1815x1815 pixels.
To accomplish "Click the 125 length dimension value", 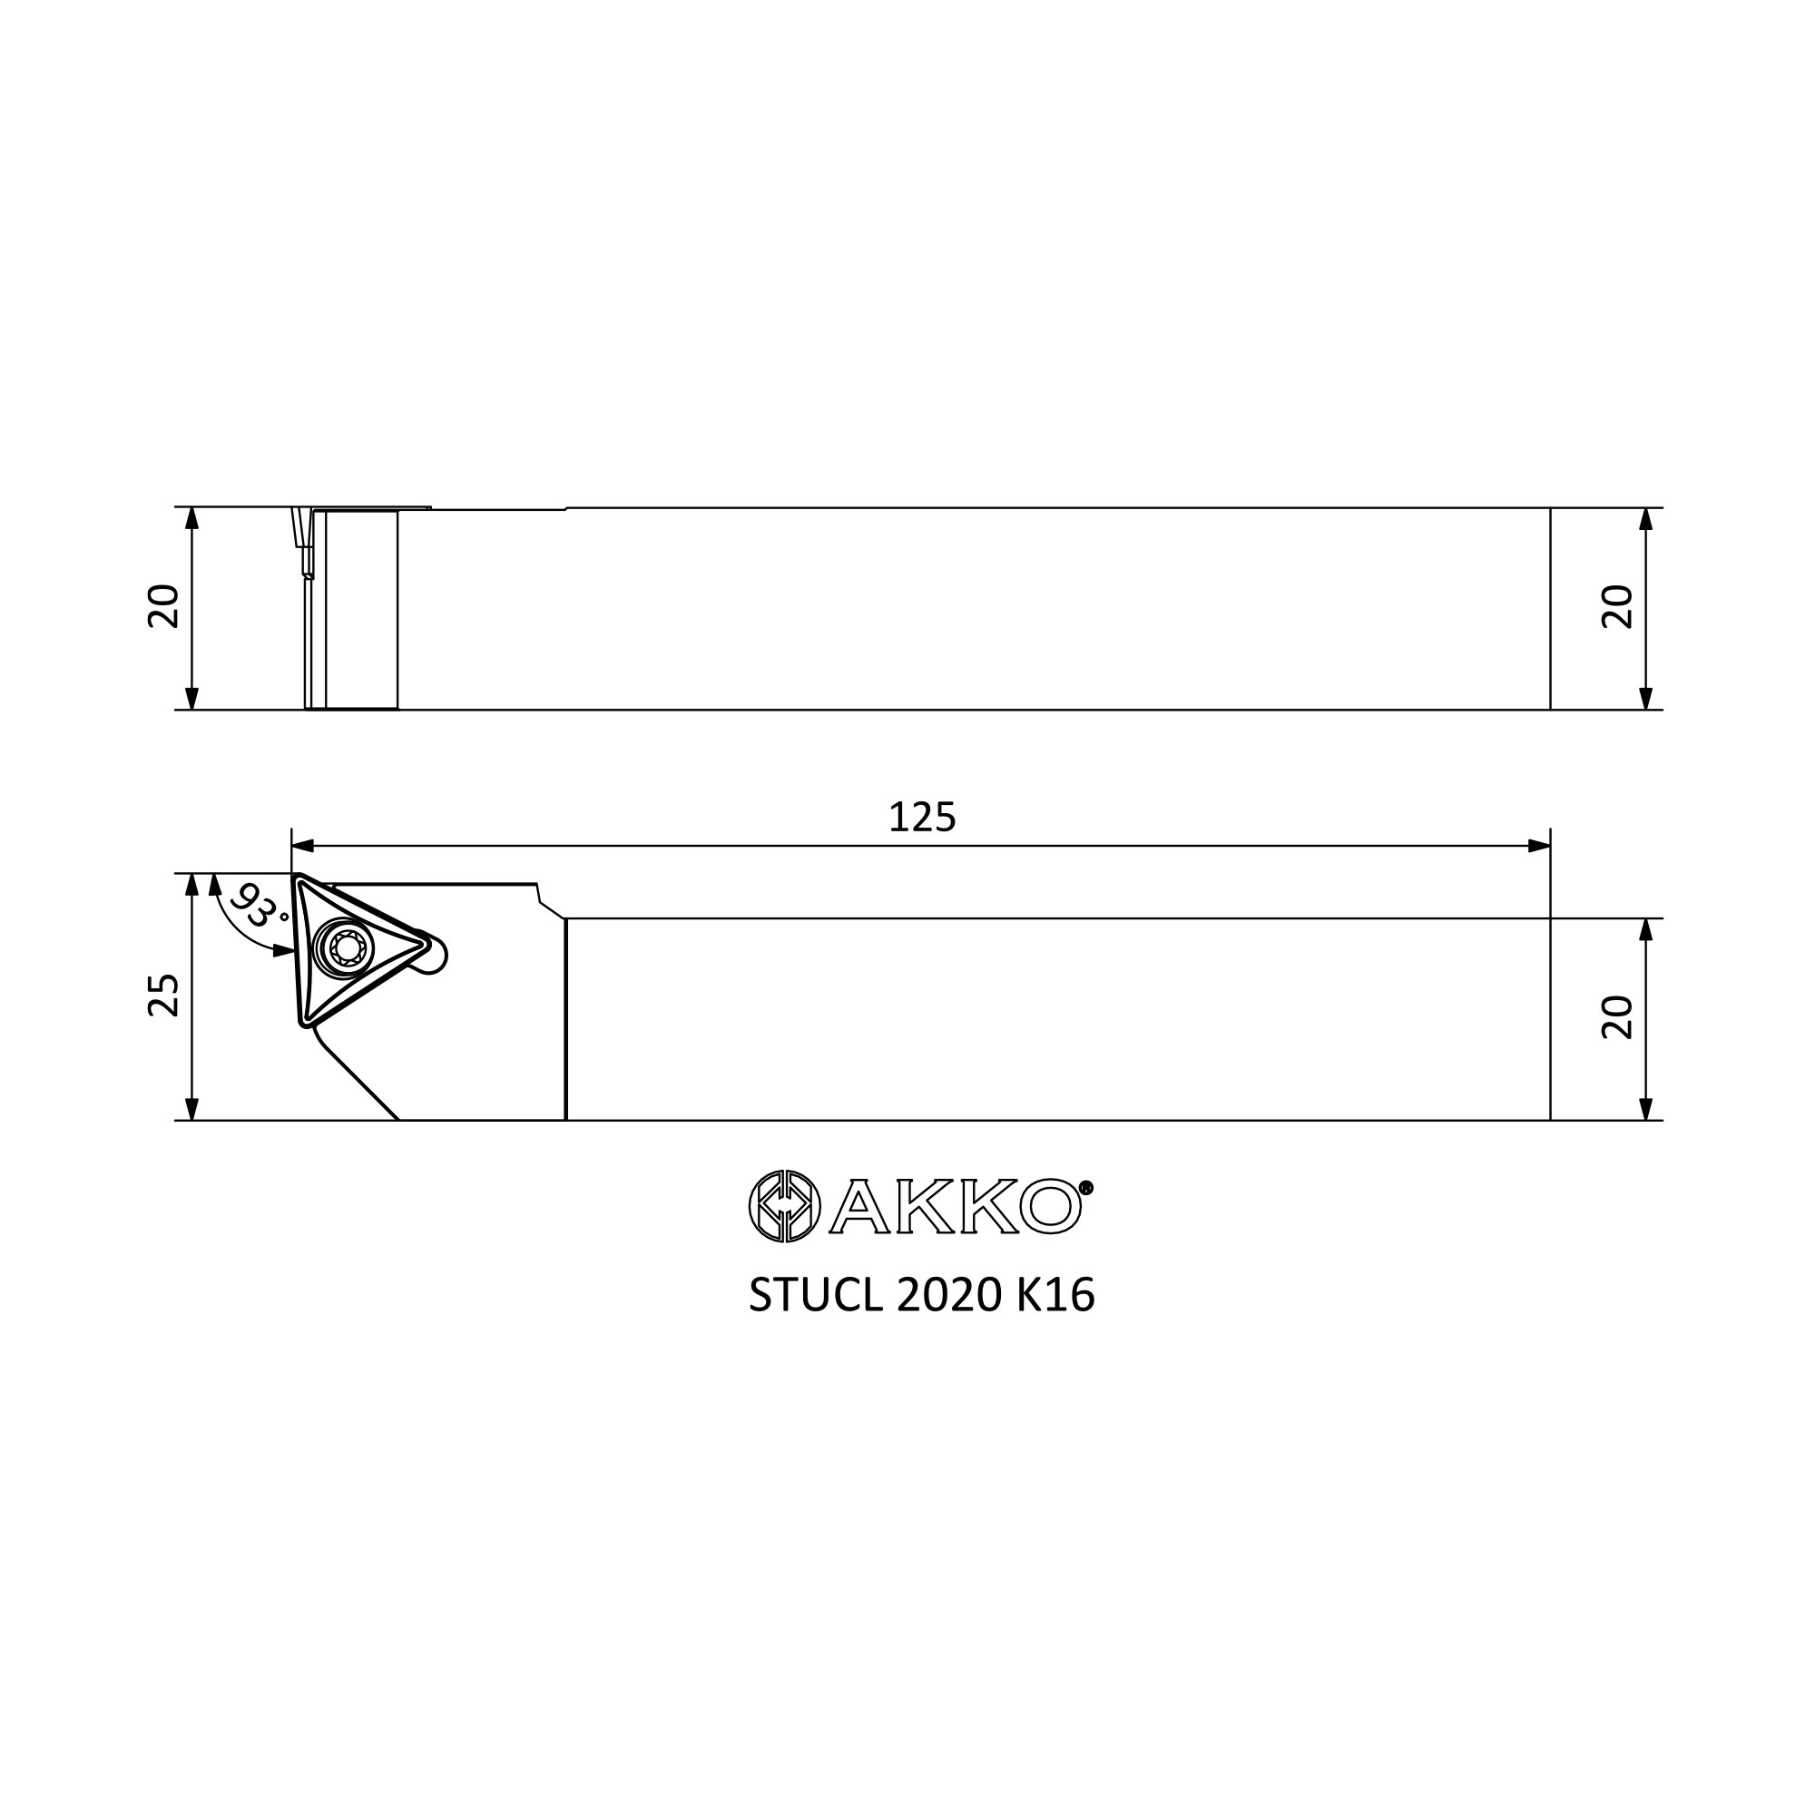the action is (x=922, y=818).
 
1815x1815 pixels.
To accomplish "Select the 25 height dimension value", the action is (x=163, y=995).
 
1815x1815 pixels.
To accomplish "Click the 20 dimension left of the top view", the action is (x=163, y=606).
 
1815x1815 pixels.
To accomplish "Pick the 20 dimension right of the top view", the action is (x=1617, y=607).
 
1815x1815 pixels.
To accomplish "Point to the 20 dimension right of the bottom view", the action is (x=1617, y=1017).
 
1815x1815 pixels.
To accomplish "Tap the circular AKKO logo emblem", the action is (x=784, y=1205).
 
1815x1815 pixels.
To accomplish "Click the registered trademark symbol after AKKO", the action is (x=1087, y=1187).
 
